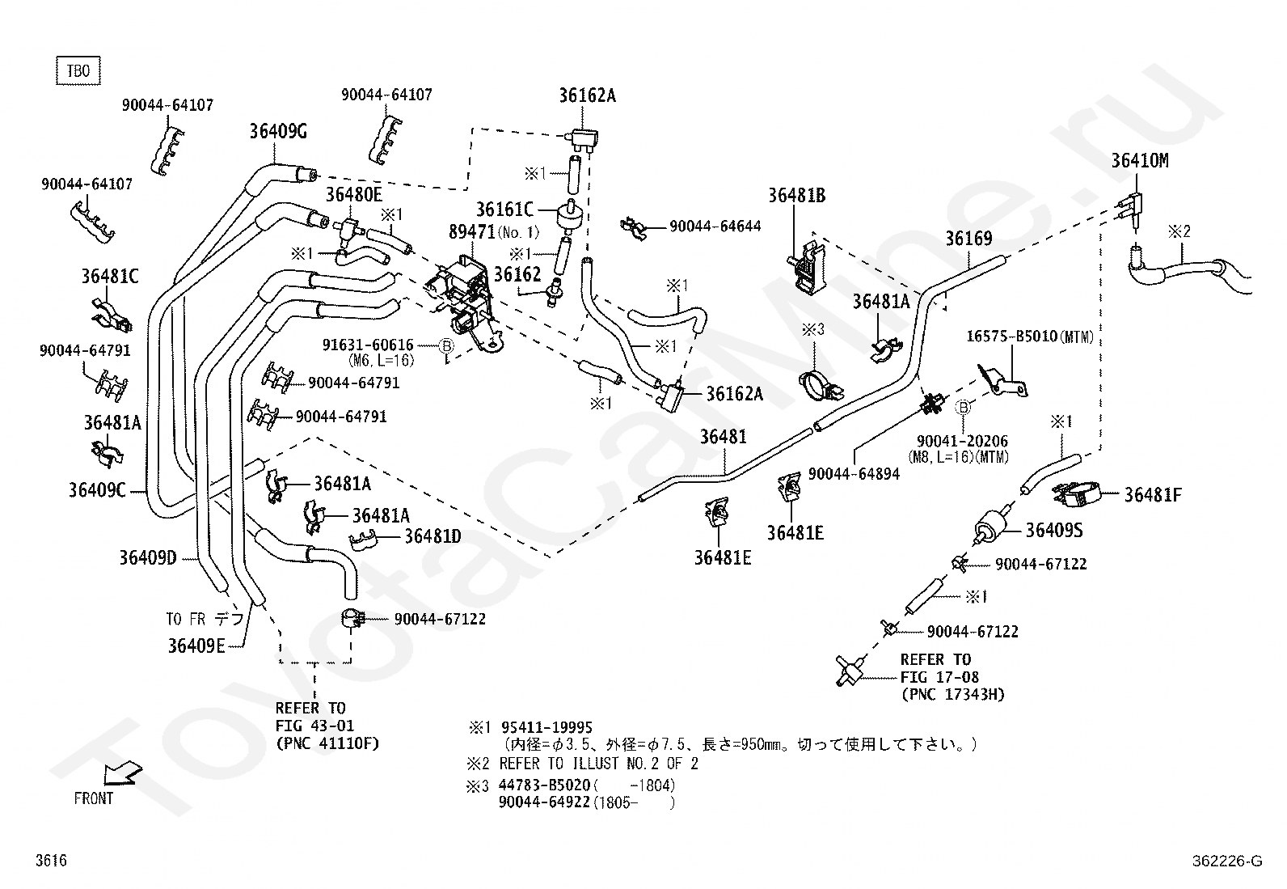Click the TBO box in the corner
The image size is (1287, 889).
coord(78,70)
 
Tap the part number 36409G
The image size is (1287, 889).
coord(278,132)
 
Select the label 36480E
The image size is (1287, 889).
coord(354,195)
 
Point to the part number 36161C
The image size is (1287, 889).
coord(504,210)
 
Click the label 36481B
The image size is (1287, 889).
coord(797,196)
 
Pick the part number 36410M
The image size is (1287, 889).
coord(1139,160)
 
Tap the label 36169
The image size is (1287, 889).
coord(968,239)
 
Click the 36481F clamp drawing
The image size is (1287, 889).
coord(1076,495)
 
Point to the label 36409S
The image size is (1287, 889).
coord(1054,530)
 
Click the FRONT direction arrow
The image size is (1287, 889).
coord(122,774)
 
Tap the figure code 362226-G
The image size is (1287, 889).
coord(1227,861)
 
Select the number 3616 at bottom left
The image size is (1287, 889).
coord(51,860)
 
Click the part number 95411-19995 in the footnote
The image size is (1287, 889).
coord(546,727)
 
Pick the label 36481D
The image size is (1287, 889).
coord(433,536)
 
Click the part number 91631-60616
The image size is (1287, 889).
coord(368,345)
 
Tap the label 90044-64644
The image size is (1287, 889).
coord(715,226)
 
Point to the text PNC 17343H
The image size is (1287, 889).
coord(953,695)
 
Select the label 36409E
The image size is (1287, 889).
coord(196,646)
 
